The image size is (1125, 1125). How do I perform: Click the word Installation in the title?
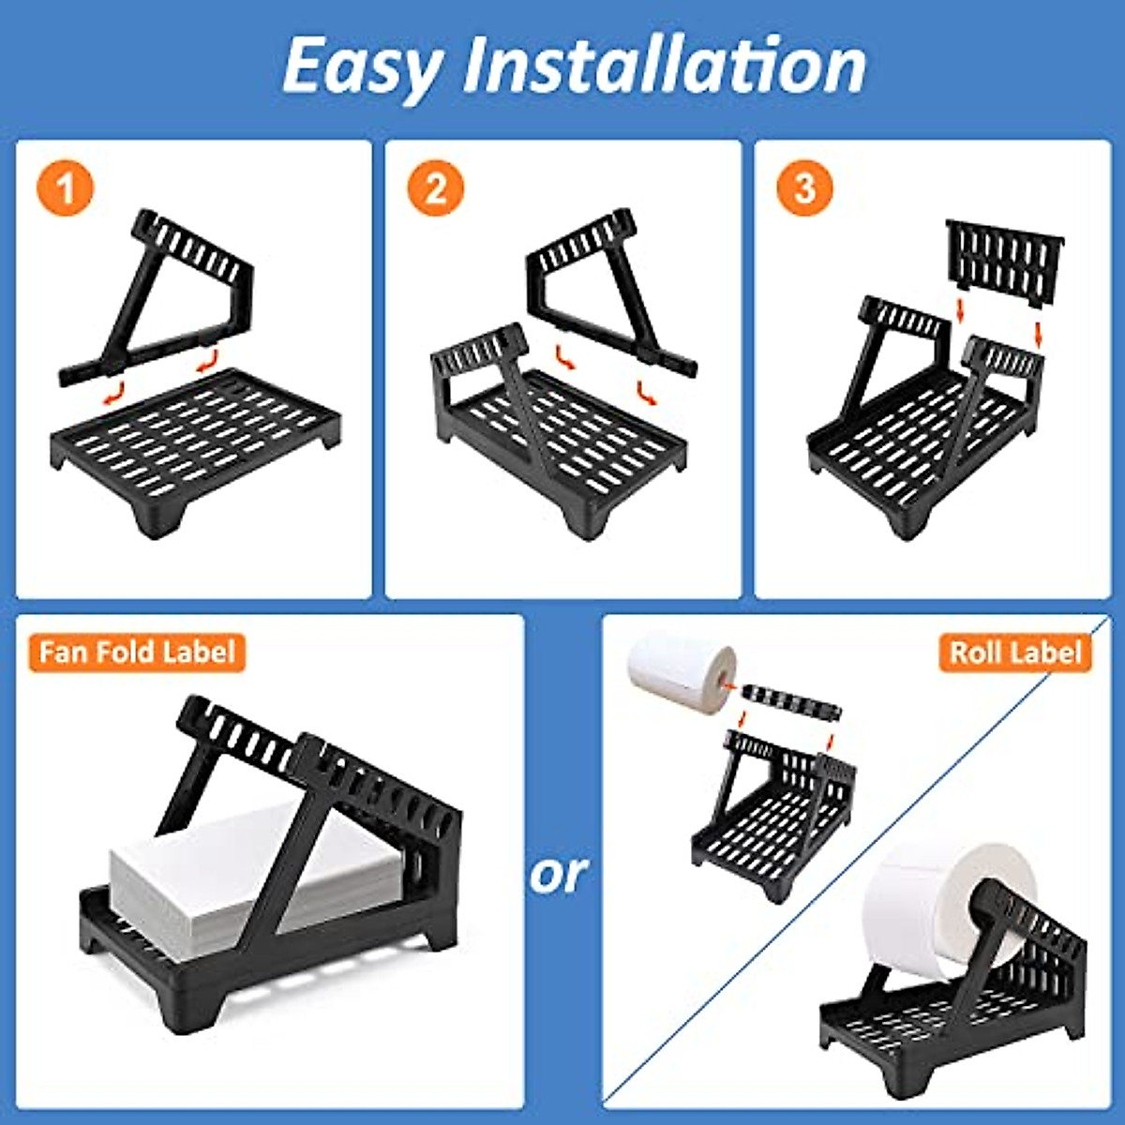point(664,66)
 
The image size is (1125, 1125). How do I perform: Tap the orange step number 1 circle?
point(66,189)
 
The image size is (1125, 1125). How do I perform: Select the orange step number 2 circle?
point(435,189)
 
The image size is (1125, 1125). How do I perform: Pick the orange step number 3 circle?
point(804,189)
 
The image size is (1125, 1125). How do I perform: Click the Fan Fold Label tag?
point(137,652)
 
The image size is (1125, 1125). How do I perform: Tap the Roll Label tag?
point(1015,652)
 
